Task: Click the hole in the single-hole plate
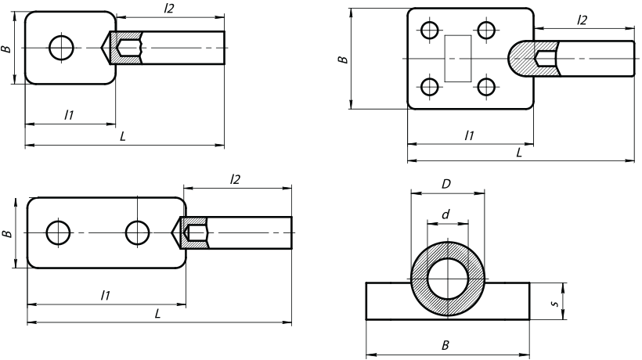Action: point(62,48)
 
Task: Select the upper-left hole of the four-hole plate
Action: point(429,31)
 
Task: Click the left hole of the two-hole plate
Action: point(57,232)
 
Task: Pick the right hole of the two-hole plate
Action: point(137,232)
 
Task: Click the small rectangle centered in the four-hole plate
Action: point(458,58)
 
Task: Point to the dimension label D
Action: point(446,184)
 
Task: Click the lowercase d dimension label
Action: point(445,213)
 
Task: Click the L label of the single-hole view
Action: point(123,136)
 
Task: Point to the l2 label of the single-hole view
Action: point(168,8)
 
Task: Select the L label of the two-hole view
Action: point(158,313)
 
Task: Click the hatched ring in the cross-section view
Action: point(420,278)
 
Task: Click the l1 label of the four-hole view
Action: point(469,135)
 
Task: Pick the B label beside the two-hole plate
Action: point(7,233)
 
